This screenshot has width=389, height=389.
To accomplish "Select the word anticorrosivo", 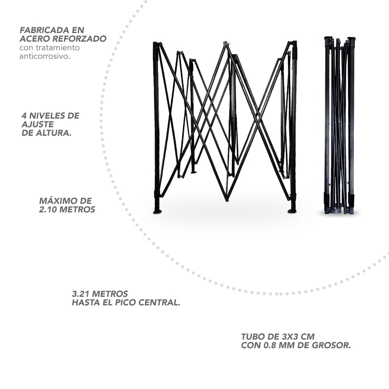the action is (x=45, y=56).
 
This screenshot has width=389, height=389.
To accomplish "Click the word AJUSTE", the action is (x=38, y=124).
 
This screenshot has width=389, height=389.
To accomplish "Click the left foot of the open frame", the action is (x=158, y=212).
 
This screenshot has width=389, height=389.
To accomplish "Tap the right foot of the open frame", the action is (x=292, y=211).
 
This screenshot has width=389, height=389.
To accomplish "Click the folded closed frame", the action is (x=340, y=125).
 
